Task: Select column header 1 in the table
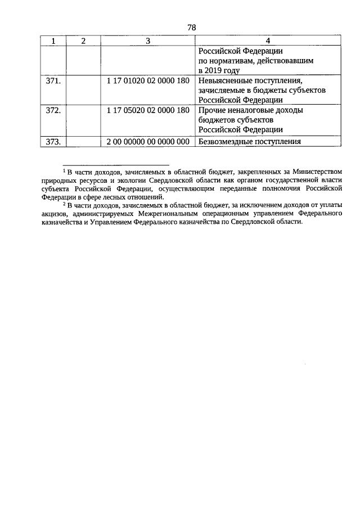53,41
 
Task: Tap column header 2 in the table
83,41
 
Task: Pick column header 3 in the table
148,41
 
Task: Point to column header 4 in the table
268,41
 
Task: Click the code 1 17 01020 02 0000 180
148,81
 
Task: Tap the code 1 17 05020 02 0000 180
148,111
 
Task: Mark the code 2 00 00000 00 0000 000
148,141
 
